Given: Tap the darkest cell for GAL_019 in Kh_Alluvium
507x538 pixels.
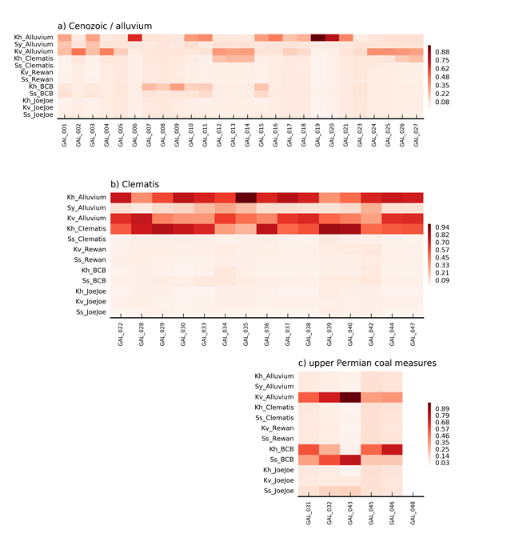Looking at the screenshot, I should [x=317, y=38].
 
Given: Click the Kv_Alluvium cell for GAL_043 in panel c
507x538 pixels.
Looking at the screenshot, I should [x=349, y=397].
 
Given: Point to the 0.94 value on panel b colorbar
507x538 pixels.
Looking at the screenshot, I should [x=442, y=228].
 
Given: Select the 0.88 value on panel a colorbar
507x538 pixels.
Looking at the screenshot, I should [x=442, y=51].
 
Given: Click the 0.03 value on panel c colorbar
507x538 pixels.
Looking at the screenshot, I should [x=442, y=464].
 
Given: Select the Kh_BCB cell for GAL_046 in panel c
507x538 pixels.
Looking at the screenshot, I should [x=392, y=449].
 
